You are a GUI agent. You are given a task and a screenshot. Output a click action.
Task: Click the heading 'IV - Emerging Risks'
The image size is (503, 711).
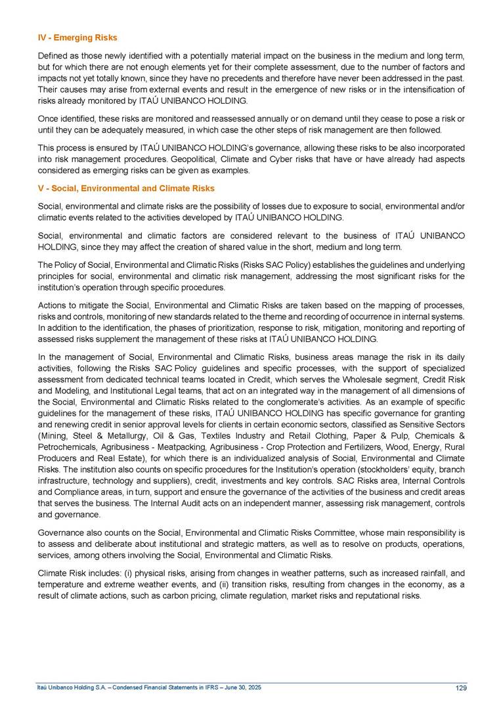[77, 38]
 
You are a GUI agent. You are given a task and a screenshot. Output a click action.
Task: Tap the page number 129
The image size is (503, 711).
[460, 688]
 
